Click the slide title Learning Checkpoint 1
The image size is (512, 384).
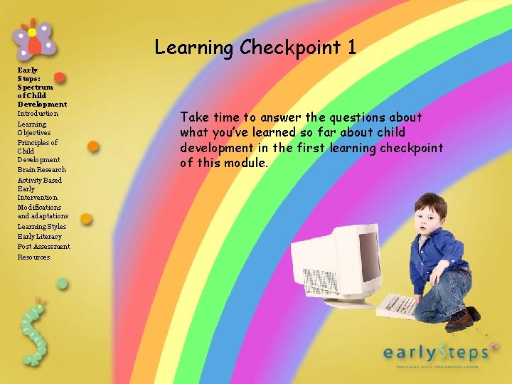point(255,48)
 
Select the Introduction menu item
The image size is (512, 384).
point(38,114)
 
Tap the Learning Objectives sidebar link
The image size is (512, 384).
point(33,128)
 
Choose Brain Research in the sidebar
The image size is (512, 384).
point(41,170)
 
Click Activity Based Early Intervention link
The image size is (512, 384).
point(39,189)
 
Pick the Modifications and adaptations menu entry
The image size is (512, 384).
point(43,212)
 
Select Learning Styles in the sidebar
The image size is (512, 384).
point(41,227)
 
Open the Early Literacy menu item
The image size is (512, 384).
point(39,237)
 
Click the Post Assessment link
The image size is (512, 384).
point(43,247)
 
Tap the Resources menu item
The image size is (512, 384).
point(33,257)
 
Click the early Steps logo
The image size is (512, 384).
point(435,353)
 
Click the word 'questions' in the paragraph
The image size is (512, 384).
point(353,117)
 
